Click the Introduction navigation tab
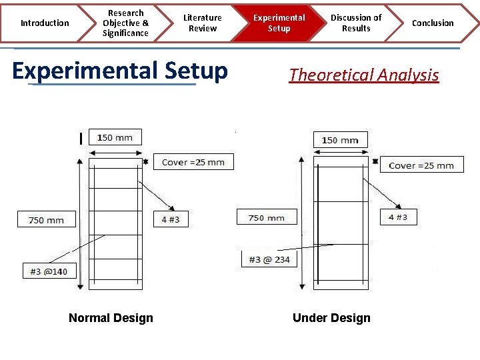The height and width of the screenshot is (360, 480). [x=44, y=23]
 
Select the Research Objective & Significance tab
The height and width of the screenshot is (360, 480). [x=125, y=23]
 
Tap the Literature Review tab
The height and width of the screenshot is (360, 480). [x=203, y=23]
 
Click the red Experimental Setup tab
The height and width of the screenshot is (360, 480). [x=279, y=23]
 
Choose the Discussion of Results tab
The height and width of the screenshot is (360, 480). [x=356, y=23]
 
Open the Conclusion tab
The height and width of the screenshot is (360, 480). [x=433, y=23]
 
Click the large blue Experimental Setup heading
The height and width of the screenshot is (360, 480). [x=120, y=71]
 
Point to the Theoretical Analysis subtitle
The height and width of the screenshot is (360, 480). [x=364, y=75]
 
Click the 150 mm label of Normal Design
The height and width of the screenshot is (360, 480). [x=115, y=138]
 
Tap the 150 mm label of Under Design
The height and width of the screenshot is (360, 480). [x=340, y=140]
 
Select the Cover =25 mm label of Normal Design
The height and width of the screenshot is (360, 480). [x=193, y=162]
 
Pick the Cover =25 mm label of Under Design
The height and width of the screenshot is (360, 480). [x=421, y=165]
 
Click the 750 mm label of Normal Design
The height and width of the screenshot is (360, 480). [x=47, y=219]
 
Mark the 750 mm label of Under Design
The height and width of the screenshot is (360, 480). [x=266, y=218]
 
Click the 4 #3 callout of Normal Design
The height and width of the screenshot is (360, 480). [x=171, y=219]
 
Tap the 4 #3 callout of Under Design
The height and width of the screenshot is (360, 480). [x=398, y=217]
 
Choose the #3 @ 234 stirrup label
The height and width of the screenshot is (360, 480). [x=269, y=259]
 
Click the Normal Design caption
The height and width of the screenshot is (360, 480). [x=111, y=318]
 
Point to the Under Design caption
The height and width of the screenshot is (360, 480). [x=331, y=318]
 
